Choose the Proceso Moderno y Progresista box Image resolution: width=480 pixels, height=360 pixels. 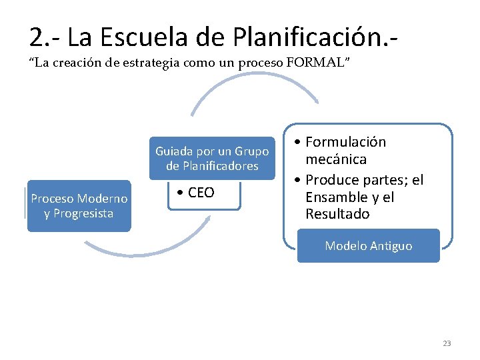coord(79,206)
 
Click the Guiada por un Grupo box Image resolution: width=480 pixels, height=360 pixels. coord(212,158)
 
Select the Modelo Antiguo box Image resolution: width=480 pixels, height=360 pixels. coord(368,246)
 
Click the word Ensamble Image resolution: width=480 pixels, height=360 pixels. coord(337,197)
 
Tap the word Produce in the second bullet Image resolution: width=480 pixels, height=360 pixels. coord(333,181)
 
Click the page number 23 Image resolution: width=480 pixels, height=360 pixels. coord(447,343)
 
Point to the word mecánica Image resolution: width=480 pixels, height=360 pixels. coord(336,159)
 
